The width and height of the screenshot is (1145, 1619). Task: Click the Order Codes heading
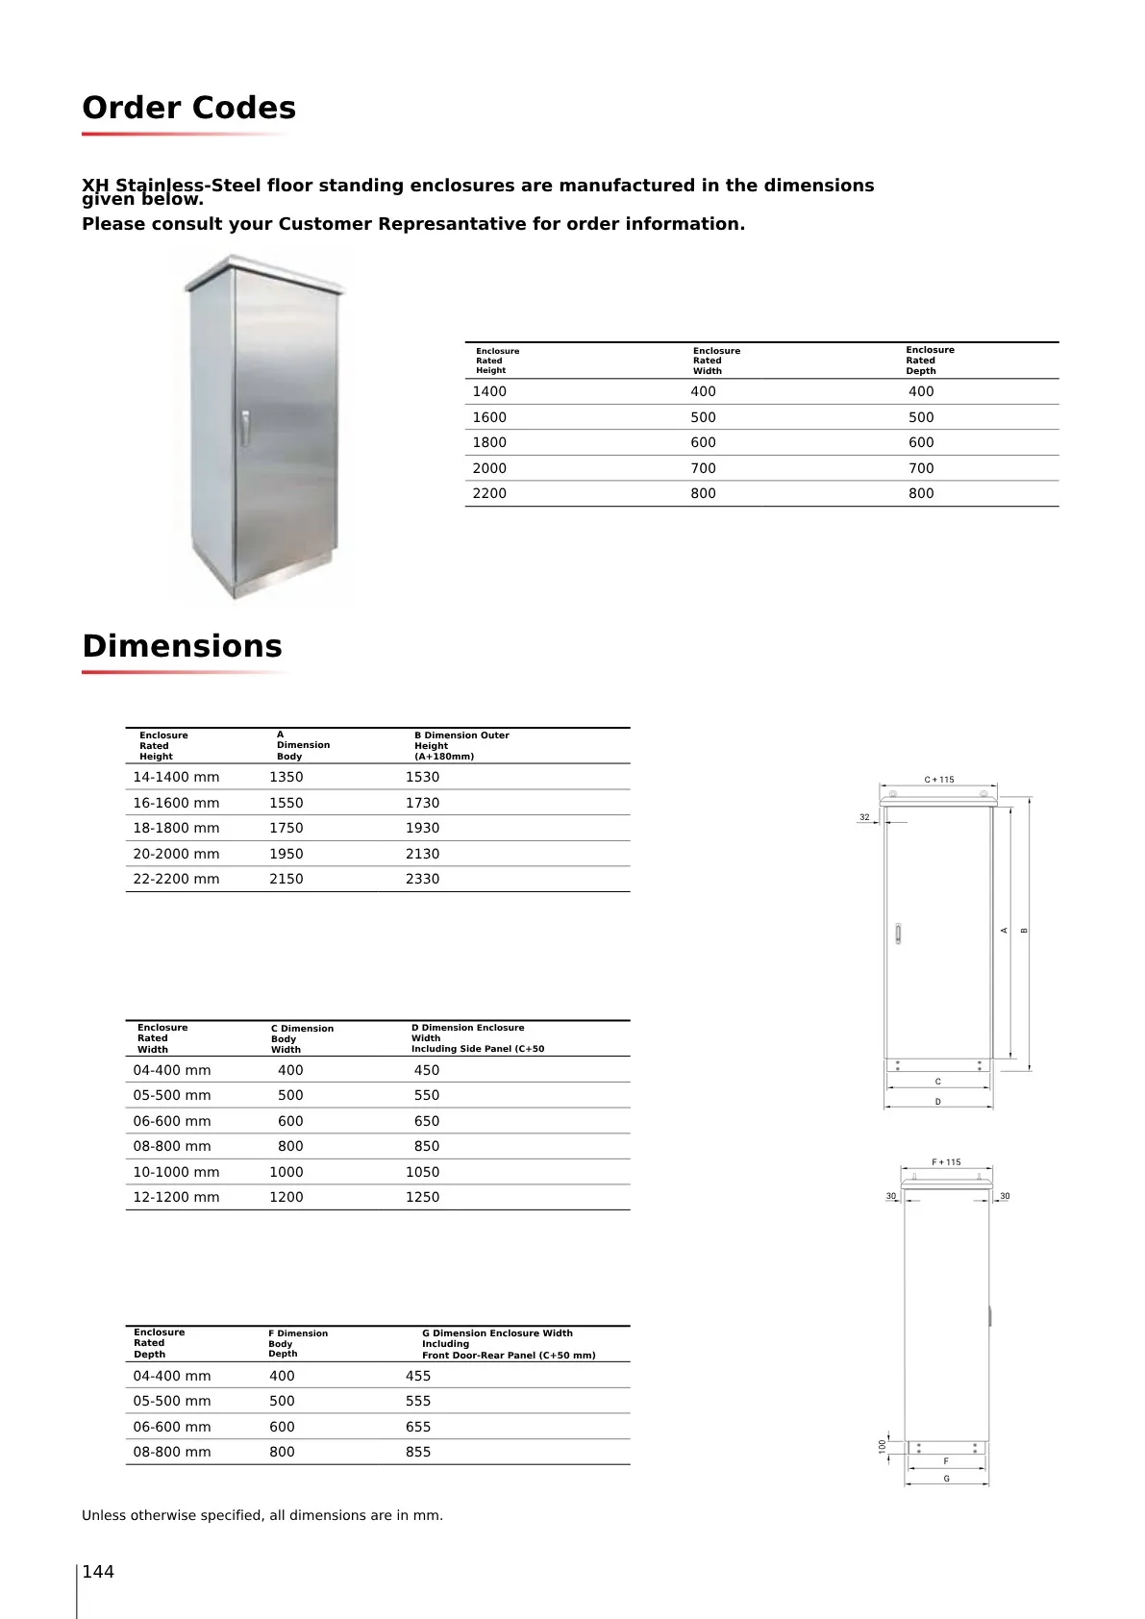click(x=188, y=108)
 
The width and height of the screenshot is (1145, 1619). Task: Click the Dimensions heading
click(x=182, y=646)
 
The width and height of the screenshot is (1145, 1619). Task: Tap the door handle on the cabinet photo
click(x=245, y=428)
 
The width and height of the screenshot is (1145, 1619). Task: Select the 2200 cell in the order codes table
click(x=489, y=493)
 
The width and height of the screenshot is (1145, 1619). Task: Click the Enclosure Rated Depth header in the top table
click(x=930, y=361)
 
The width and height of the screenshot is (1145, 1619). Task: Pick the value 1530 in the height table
click(x=422, y=777)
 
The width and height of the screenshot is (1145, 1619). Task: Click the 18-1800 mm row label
click(x=176, y=828)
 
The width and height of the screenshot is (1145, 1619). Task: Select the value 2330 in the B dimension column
click(x=422, y=879)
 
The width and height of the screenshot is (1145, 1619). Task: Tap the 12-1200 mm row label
click(x=176, y=1197)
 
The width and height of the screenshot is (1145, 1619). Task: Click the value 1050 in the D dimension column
click(x=422, y=1172)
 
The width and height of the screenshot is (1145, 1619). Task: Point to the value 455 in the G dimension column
click(x=418, y=1376)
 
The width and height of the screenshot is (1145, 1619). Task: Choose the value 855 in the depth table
click(x=418, y=1452)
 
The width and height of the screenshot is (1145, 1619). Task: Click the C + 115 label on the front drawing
click(x=939, y=780)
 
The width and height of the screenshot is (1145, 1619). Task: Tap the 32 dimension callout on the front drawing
click(x=864, y=817)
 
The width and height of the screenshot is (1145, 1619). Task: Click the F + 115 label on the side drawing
click(x=946, y=1162)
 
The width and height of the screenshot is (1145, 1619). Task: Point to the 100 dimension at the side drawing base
click(x=882, y=1446)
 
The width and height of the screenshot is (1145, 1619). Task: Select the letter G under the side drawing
click(x=946, y=1479)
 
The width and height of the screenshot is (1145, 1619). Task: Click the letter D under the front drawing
click(x=938, y=1102)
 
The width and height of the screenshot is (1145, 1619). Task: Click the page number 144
click(x=98, y=1572)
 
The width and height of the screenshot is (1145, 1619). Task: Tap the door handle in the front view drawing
click(x=898, y=934)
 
